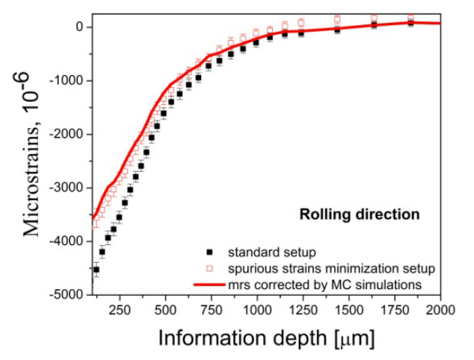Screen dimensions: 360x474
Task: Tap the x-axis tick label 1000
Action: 257,308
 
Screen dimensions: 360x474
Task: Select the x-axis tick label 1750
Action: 394,308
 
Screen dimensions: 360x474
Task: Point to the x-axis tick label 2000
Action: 440,308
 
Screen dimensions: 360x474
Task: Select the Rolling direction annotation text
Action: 359,215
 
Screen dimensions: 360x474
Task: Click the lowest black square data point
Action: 96,270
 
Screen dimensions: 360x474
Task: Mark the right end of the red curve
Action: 440,23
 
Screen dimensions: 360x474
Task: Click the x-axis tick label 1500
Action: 349,308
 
